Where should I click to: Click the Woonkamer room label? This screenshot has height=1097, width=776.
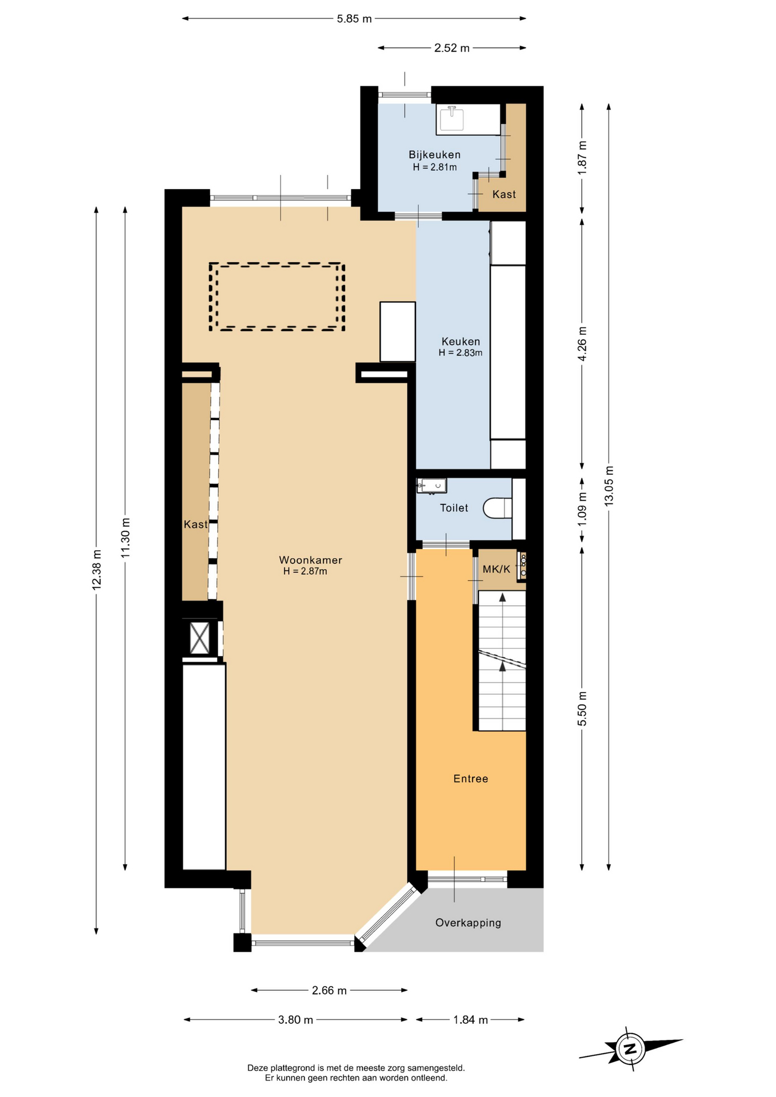click(x=310, y=560)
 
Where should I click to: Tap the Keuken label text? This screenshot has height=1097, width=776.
click(x=461, y=342)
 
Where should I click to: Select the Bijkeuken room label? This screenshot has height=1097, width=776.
click(x=434, y=155)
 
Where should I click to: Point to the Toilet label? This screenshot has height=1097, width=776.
click(x=454, y=508)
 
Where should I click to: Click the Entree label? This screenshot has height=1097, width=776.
click(x=470, y=779)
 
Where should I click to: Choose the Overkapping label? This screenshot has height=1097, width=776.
click(x=468, y=923)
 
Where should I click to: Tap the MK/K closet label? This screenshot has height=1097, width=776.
click(x=496, y=569)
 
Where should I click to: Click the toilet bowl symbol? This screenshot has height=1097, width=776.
click(x=497, y=507)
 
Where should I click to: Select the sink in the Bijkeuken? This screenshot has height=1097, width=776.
click(x=451, y=119)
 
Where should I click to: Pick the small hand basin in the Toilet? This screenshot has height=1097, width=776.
click(x=431, y=486)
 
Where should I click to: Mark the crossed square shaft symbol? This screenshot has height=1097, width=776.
click(x=200, y=638)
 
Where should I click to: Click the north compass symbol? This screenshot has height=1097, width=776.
click(x=630, y=1048)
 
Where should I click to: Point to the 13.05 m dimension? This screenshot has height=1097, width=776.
click(x=609, y=486)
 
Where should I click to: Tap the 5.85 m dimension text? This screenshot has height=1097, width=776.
click(x=354, y=19)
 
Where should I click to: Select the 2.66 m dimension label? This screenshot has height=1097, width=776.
click(x=329, y=990)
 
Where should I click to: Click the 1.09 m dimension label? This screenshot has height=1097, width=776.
click(x=582, y=510)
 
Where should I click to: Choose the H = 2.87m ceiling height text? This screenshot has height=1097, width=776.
click(x=305, y=571)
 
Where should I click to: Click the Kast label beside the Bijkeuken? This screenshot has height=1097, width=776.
click(x=504, y=194)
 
